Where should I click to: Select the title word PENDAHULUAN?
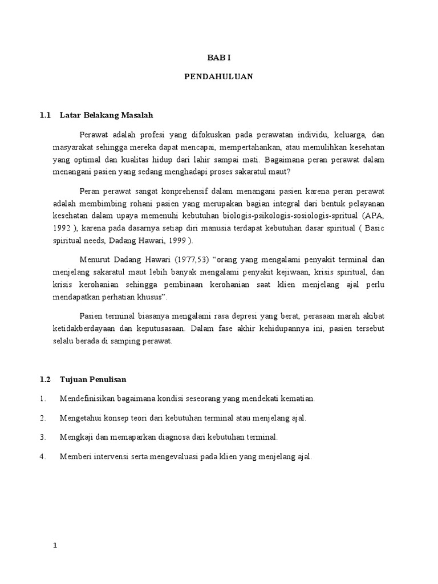pos(219,76)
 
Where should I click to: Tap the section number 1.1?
pos(45,115)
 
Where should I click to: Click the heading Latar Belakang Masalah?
pos(107,115)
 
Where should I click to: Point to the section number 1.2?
pos(45,379)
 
